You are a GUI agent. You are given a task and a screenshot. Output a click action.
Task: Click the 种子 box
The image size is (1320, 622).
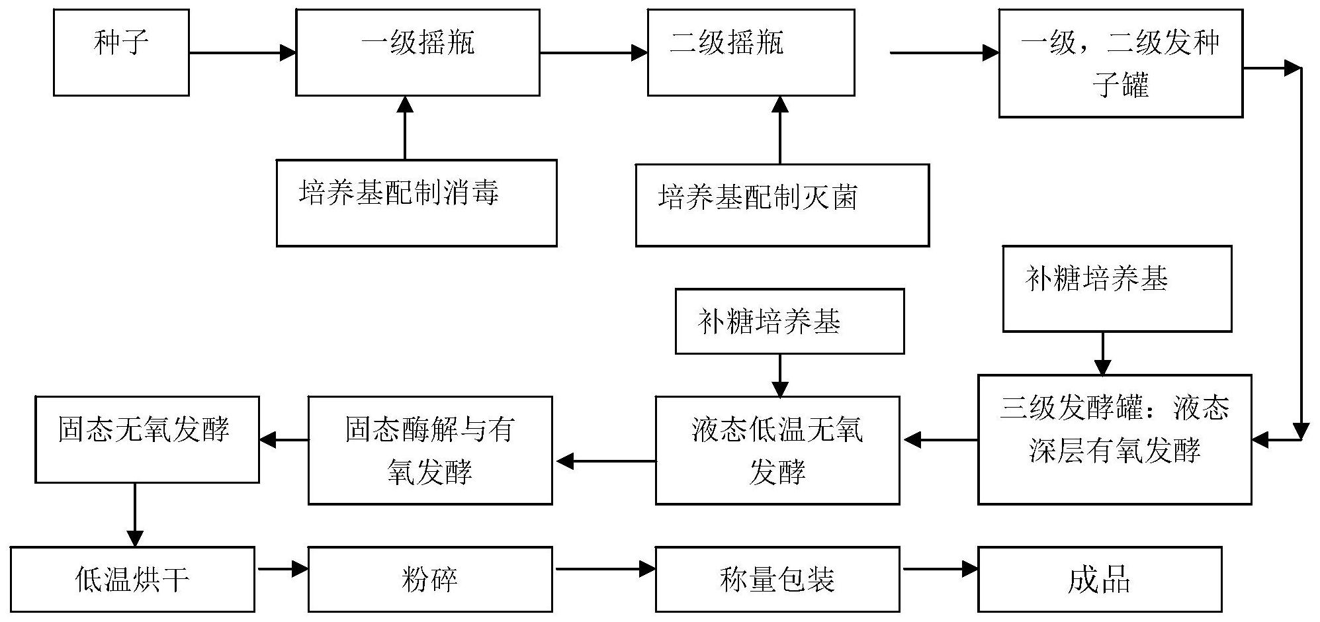121,52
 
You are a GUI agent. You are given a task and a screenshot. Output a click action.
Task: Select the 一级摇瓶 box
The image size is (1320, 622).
418,52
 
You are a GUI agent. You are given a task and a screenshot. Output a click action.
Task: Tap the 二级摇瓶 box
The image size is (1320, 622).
751,52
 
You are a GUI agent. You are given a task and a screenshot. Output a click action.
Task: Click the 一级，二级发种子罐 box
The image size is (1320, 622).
1120,64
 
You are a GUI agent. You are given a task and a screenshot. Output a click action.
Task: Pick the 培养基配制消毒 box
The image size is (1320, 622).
416,203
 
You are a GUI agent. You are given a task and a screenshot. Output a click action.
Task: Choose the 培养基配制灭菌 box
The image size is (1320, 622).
782,205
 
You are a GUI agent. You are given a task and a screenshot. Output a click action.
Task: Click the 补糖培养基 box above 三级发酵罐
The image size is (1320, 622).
1117,289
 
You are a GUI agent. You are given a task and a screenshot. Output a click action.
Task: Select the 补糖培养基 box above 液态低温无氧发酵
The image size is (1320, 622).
789,322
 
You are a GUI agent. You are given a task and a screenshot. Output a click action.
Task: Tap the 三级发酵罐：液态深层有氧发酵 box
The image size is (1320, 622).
1114,439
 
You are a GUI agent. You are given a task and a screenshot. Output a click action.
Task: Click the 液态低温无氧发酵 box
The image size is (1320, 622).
777,450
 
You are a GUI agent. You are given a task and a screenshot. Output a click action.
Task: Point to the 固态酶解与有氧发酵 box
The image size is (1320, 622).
430,450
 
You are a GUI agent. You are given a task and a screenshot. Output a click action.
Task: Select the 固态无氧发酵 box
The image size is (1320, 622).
147,439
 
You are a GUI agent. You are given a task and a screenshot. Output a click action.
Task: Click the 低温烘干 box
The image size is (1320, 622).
132,579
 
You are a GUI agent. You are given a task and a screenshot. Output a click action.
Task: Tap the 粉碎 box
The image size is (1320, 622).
430,579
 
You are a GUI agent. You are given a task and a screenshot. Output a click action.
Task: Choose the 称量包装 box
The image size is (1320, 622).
777,579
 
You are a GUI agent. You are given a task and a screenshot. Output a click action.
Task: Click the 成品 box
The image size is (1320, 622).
1100,579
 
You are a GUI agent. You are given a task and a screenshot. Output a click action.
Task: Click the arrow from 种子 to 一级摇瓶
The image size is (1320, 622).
242,52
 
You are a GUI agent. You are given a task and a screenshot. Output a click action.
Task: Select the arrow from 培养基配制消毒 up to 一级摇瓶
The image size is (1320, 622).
405,128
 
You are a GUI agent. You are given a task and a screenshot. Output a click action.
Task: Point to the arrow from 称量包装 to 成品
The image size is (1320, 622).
939,568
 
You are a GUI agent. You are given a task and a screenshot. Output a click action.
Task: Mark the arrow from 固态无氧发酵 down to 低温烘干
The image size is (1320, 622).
135,514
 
